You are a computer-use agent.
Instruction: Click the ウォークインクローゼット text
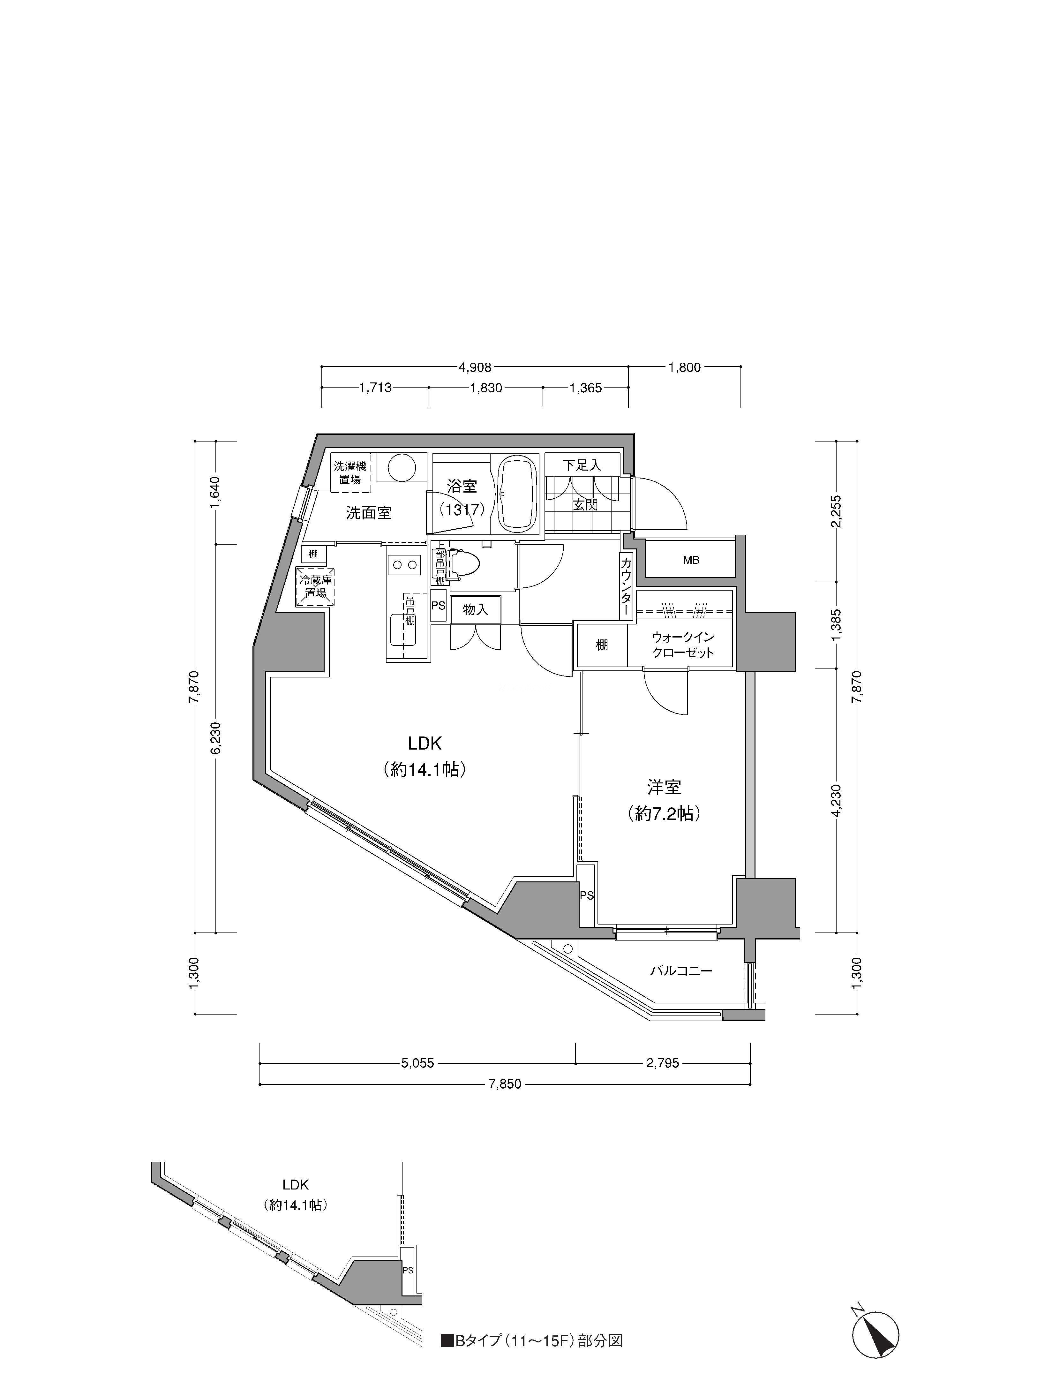[682, 645]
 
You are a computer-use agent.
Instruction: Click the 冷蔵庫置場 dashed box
[315, 587]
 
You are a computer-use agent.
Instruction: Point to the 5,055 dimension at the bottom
[417, 1063]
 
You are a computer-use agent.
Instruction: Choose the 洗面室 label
[369, 513]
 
